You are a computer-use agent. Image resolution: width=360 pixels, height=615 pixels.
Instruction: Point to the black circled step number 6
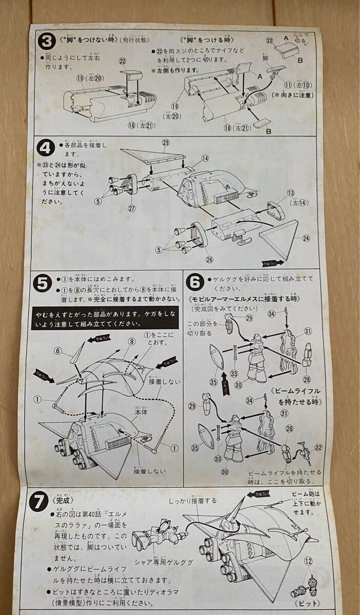click(195, 283)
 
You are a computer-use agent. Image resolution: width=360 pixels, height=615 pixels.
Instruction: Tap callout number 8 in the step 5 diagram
click(132, 340)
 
